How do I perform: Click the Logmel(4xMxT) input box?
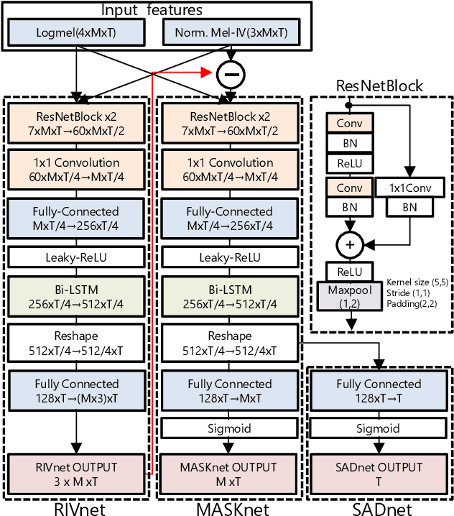tap(74, 33)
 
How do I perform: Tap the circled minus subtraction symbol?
tap(231, 73)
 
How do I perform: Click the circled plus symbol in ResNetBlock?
tap(350, 244)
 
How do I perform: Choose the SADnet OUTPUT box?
tap(379, 473)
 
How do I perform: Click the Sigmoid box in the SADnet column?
tap(379, 428)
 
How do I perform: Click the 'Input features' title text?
tap(151, 10)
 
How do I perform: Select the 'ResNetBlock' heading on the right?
tap(379, 86)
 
